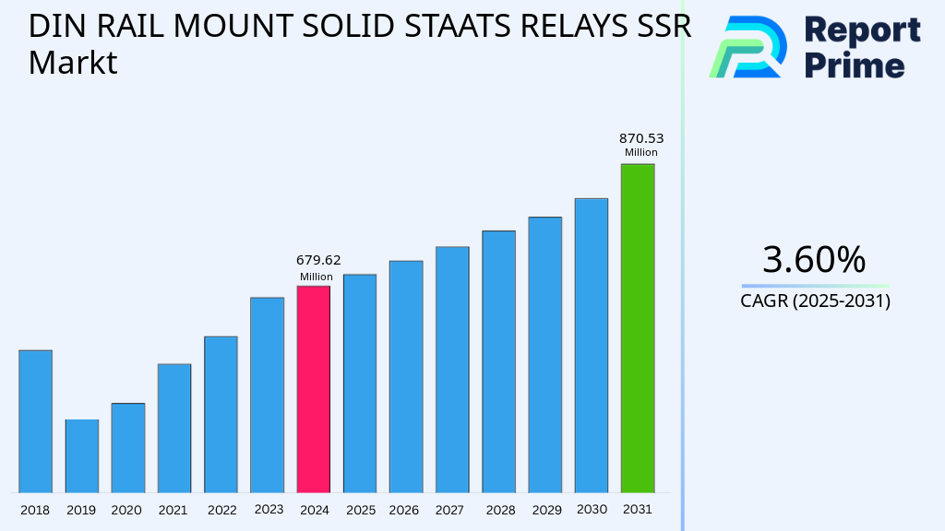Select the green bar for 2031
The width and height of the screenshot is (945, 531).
pyautogui.click(x=637, y=328)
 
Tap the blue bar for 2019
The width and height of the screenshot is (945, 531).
pyautogui.click(x=81, y=455)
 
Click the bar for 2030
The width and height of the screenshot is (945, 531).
pyautogui.click(x=591, y=345)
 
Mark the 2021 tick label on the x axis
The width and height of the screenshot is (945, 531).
pyautogui.click(x=173, y=510)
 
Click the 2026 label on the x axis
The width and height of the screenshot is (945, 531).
pyautogui.click(x=404, y=510)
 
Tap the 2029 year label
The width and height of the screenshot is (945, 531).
pyautogui.click(x=545, y=510)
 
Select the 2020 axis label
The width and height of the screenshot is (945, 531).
pyautogui.click(x=126, y=510)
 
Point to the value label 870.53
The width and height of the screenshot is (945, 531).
pyautogui.click(x=641, y=139)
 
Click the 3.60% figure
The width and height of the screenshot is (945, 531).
pyautogui.click(x=814, y=260)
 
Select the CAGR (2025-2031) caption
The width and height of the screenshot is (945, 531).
pyautogui.click(x=815, y=301)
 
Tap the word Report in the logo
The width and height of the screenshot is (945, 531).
pyautogui.click(x=862, y=30)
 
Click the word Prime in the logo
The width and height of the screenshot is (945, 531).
pyautogui.click(x=855, y=65)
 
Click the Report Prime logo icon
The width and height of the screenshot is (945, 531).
pyautogui.click(x=748, y=47)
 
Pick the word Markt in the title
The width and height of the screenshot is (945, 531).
pyautogui.click(x=73, y=63)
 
